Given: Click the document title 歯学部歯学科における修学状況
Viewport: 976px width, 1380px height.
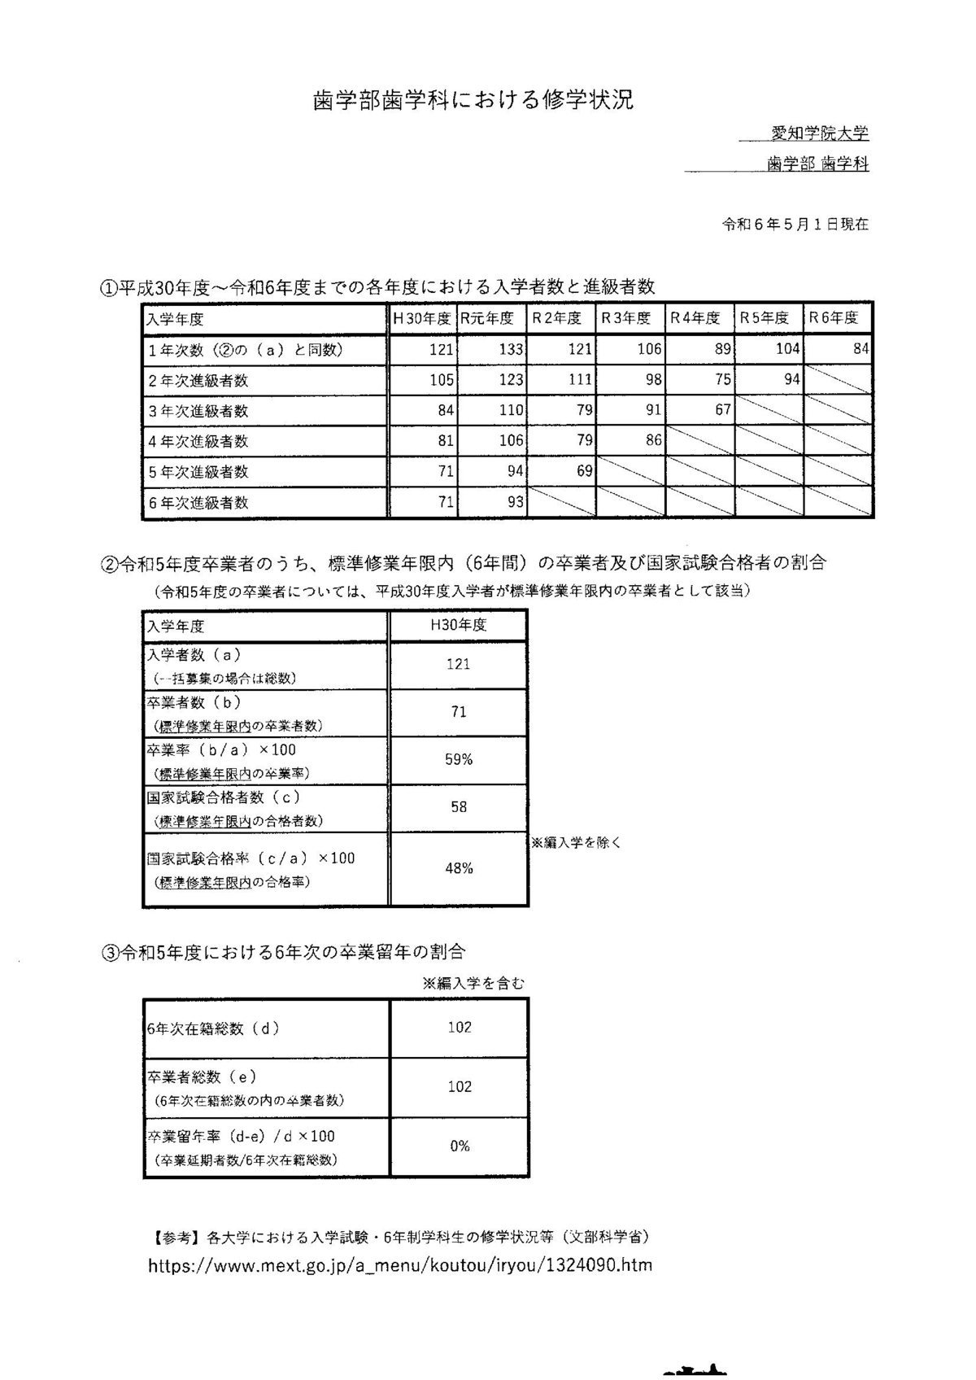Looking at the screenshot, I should pyautogui.click(x=473, y=100).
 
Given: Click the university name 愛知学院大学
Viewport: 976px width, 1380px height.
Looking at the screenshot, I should pyautogui.click(x=820, y=133).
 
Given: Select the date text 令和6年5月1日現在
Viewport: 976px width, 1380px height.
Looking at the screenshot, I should pyautogui.click(x=795, y=224).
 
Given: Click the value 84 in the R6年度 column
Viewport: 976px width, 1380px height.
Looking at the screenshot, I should pyautogui.click(x=861, y=350).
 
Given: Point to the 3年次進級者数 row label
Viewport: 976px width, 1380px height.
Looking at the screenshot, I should pyautogui.click(x=198, y=411).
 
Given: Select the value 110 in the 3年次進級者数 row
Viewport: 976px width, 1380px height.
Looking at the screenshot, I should pyautogui.click(x=511, y=411).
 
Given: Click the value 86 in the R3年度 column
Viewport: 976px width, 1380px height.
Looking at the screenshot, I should pyautogui.click(x=653, y=441).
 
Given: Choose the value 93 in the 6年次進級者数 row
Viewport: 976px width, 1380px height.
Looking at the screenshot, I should pyautogui.click(x=516, y=502).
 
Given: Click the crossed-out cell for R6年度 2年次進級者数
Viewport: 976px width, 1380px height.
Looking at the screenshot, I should pyautogui.click(x=839, y=380).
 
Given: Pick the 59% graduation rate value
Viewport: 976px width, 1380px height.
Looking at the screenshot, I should pyautogui.click(x=459, y=759).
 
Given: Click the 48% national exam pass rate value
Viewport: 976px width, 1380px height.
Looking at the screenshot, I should pyautogui.click(x=459, y=868).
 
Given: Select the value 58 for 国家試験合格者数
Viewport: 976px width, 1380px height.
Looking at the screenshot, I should pyautogui.click(x=459, y=806).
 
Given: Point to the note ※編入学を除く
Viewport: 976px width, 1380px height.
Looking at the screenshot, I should pyautogui.click(x=576, y=843).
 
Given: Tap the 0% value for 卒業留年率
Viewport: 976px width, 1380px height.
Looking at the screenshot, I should pyautogui.click(x=460, y=1146).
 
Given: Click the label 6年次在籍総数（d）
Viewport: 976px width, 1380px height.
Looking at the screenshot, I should pyautogui.click(x=213, y=1028).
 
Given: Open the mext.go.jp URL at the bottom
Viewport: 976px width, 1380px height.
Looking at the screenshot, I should pyautogui.click(x=400, y=1265).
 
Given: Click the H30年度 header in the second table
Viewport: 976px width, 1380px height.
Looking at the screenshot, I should pyautogui.click(x=459, y=625).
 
